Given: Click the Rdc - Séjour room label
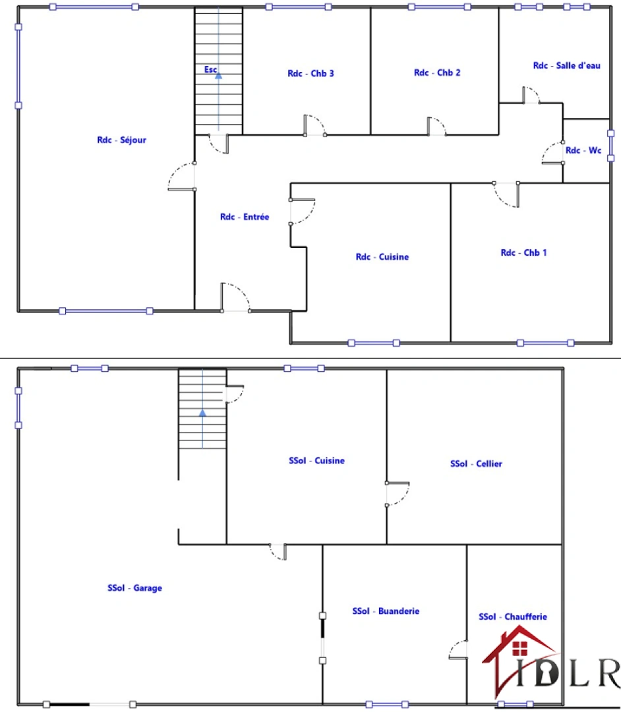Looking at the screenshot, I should click(121, 140).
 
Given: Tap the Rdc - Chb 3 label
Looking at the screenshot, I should click(310, 73).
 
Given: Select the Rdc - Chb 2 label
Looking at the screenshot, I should click(437, 73).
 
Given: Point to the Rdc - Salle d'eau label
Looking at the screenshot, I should click(566, 65).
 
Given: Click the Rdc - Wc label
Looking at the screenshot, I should click(583, 150).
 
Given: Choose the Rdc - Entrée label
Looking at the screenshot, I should click(245, 217).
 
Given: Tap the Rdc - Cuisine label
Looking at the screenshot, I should click(382, 257).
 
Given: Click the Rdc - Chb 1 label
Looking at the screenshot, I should click(523, 252).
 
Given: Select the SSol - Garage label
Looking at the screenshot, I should click(134, 588).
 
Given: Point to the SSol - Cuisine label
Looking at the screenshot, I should click(316, 461).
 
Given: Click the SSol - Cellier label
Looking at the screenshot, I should click(476, 463).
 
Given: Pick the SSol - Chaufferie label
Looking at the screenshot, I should click(512, 617).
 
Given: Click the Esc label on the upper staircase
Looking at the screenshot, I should click(210, 69).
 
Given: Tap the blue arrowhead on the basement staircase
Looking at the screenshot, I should click(202, 413).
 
